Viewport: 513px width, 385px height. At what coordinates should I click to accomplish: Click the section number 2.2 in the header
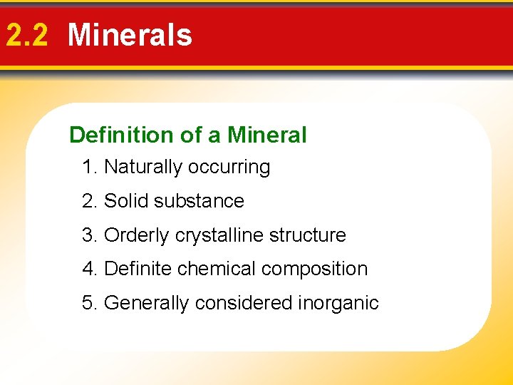click(27, 35)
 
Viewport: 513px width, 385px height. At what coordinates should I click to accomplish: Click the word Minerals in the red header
click(130, 35)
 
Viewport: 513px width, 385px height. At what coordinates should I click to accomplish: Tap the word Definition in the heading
click(111, 135)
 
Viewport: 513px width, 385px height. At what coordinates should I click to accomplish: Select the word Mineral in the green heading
click(267, 135)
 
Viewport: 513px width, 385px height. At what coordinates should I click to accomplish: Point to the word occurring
click(229, 168)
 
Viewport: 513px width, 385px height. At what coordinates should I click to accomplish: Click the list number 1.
click(88, 168)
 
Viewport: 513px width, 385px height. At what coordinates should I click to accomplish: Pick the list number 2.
click(88, 201)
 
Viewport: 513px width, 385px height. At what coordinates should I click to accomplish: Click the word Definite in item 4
click(138, 269)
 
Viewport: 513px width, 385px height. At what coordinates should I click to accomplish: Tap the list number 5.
click(88, 303)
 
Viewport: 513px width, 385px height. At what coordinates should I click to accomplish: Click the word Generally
click(147, 304)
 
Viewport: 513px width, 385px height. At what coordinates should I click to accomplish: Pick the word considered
click(243, 303)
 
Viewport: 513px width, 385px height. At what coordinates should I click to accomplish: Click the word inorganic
click(338, 304)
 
